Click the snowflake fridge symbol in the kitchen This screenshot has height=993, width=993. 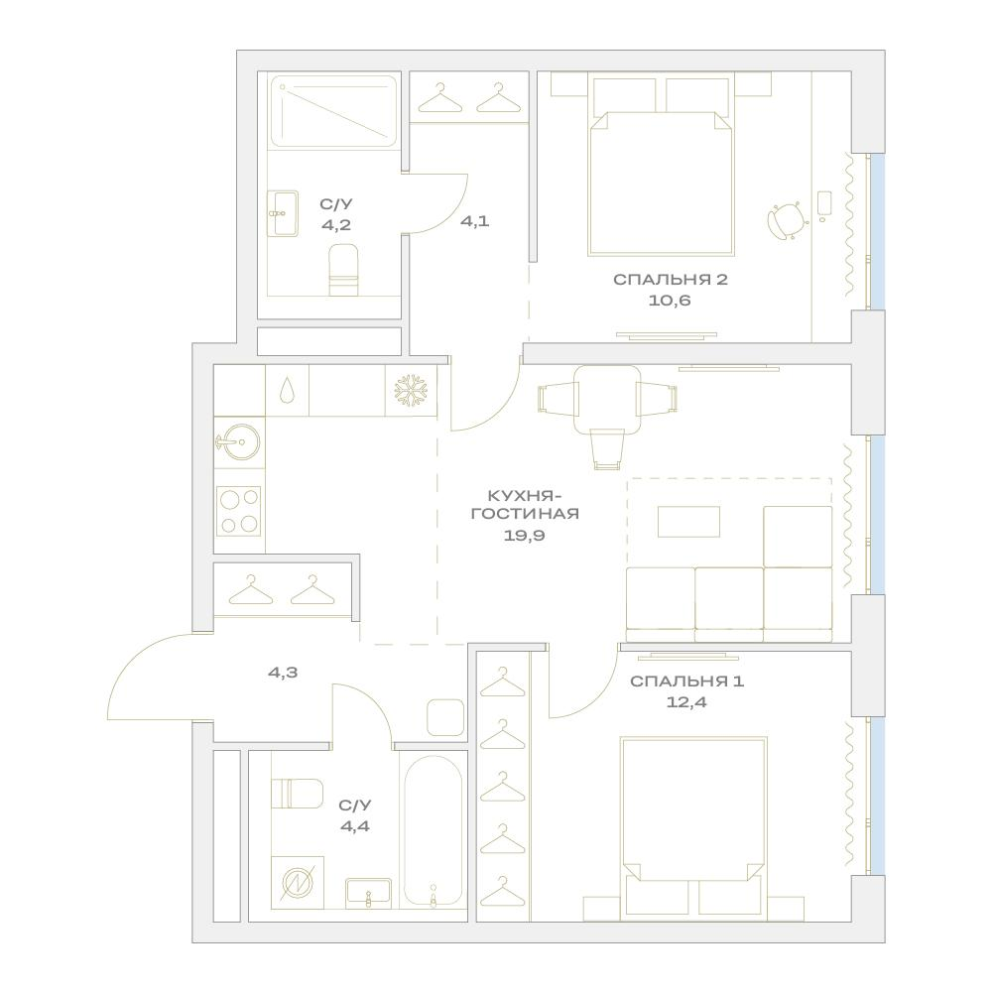point(411,390)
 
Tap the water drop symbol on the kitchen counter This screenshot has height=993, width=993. point(287,390)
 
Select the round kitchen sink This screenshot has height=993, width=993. point(239,442)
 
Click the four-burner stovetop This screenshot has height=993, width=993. point(239,511)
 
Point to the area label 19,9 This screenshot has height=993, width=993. point(525,536)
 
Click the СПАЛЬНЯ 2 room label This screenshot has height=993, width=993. point(670,280)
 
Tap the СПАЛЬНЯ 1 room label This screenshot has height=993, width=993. point(687,682)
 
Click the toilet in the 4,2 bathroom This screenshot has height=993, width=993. point(344,270)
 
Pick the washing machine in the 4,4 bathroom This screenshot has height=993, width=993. point(298,883)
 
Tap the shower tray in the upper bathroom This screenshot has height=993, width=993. point(333,111)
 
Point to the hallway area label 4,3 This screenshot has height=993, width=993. point(283,673)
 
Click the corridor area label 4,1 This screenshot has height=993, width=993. point(474,221)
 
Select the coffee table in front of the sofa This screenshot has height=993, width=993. point(689,521)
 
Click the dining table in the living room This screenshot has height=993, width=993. point(607,400)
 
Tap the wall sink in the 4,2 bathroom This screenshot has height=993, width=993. point(283,214)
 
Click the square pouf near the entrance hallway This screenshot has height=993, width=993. point(445,717)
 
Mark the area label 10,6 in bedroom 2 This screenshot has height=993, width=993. point(670,301)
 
